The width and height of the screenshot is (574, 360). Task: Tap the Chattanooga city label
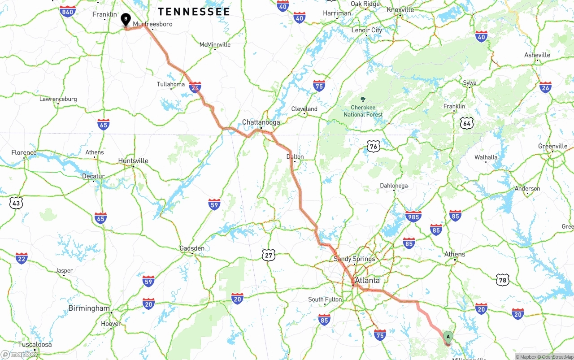tap(261, 122)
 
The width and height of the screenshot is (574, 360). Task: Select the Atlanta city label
tap(367, 281)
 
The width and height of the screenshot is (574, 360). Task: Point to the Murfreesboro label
tap(152, 24)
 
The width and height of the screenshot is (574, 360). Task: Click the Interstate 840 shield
tap(67, 12)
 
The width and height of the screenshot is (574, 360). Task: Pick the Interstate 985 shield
tap(413, 217)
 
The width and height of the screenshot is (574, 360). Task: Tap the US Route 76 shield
tap(374, 146)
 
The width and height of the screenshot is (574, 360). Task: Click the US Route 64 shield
tap(467, 123)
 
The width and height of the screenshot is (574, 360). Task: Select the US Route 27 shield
tap(269, 255)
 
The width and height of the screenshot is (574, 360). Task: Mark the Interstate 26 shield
tap(545, 87)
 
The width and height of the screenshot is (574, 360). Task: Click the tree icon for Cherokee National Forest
tap(363, 99)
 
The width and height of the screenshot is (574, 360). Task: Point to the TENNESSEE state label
tap(194, 12)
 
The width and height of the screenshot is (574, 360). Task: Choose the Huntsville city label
tap(133, 161)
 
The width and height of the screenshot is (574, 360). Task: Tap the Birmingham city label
tap(89, 308)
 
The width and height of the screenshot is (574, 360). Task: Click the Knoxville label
tap(400, 10)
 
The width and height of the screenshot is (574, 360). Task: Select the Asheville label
tap(537, 55)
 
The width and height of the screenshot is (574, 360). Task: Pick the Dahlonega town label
tap(394, 186)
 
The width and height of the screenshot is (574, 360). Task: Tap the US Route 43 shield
tap(16, 203)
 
